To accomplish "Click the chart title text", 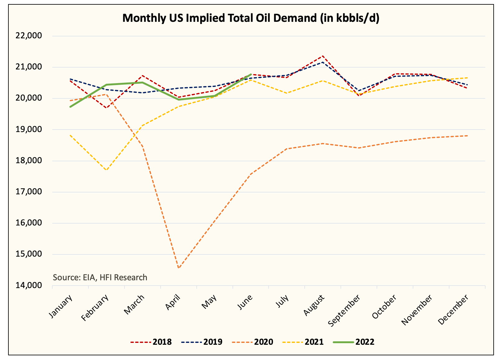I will point(251,18).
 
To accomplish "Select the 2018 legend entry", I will point(151,342).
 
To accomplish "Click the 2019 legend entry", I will point(202,342).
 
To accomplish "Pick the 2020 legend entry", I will point(253,342).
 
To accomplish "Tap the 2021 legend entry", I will point(303,342).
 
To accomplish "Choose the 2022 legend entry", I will point(354,342).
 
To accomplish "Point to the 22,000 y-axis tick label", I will point(29,36).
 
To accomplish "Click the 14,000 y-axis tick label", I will point(29,286).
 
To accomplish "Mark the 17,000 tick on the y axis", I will point(29,192).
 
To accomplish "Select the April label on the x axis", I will point(174,302).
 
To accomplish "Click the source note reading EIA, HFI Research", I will point(100,277).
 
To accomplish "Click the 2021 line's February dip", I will point(107,170).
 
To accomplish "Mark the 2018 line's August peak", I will point(323,56).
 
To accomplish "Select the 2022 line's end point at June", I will point(251,74).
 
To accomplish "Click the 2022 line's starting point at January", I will point(71,107).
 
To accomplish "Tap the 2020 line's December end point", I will point(467,136).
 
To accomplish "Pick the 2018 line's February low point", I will point(107,108).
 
